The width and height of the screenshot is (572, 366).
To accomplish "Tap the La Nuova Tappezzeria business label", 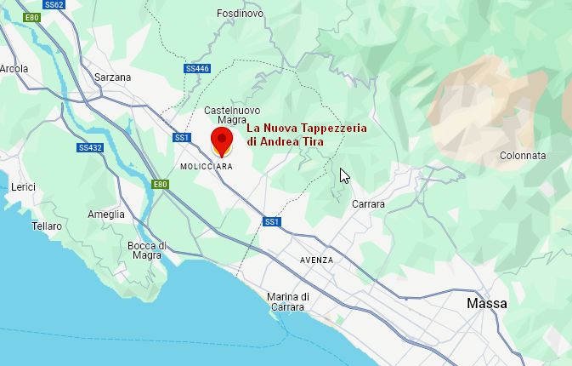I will pos(306,134).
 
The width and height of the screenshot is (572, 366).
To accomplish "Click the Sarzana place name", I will pos(112,77).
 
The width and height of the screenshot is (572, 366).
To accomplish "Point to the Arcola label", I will pos(14,69).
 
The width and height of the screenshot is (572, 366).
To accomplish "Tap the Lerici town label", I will pos(23,186).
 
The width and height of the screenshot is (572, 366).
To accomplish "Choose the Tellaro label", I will pos(47,226).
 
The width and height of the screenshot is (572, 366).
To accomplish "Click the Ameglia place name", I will pos(106,214).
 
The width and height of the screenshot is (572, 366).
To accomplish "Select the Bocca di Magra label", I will pos(146,250).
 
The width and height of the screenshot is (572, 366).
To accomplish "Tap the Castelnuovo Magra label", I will pos(232,115).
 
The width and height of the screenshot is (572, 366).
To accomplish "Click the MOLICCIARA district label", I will pos(207,167).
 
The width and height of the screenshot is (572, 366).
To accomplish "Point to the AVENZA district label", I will pos(317,260).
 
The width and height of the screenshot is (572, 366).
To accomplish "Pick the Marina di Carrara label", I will pos(287,301).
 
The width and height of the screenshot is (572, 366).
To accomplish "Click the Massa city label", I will pos(487,303).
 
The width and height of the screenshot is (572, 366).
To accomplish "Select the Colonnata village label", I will pos(523,156).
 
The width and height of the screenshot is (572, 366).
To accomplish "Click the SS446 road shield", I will pos(197,68).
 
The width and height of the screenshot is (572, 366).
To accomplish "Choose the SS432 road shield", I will pos(89,147).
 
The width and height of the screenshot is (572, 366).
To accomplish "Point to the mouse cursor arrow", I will pos(344,175).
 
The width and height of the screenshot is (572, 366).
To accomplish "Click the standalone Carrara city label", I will pos(368,204).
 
